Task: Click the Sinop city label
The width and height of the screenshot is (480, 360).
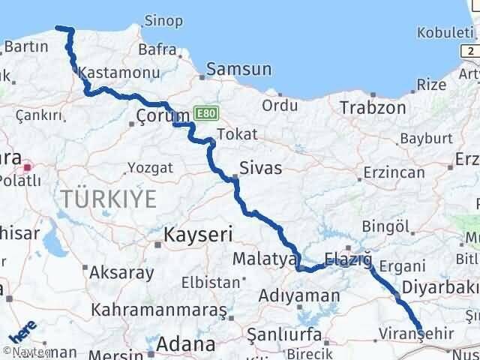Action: pos(163,20)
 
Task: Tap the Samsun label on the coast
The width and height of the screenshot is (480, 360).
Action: pos(238,70)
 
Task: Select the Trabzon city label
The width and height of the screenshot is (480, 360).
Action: pos(373,108)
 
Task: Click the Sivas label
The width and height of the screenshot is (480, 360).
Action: pos(261,167)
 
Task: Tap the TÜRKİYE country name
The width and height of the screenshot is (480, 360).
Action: pos(109,199)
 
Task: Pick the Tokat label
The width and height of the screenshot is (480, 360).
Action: pos(236,135)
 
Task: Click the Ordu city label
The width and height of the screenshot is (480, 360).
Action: pos(280,106)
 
